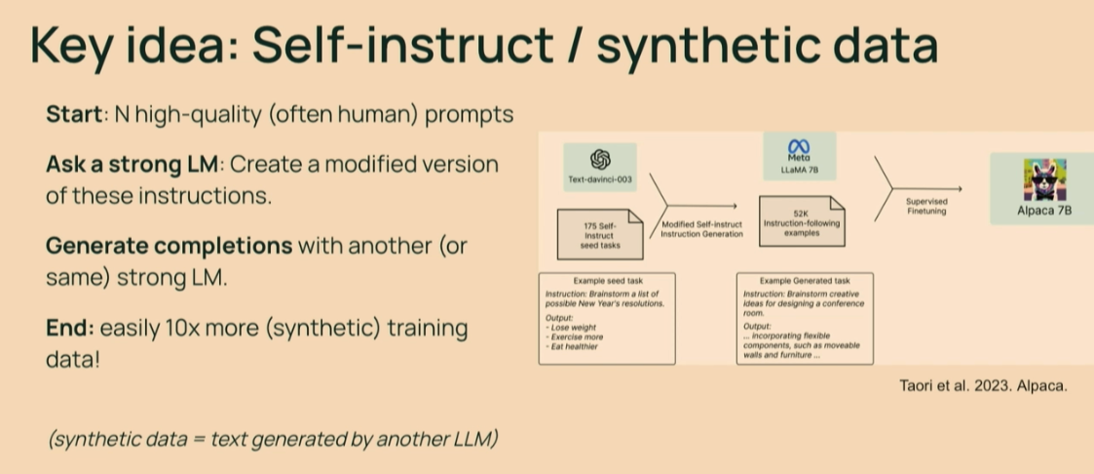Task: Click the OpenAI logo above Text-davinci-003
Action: click(600, 159)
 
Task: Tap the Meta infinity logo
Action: click(798, 146)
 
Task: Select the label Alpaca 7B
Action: click(1043, 210)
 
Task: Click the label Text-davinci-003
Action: click(601, 180)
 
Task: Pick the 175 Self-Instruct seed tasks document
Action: click(600, 235)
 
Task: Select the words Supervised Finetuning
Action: click(926, 207)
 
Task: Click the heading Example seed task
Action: click(607, 281)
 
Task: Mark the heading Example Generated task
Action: click(806, 281)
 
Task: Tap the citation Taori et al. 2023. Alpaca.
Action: click(982, 385)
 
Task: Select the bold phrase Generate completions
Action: click(169, 246)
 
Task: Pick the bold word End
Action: click(68, 328)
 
